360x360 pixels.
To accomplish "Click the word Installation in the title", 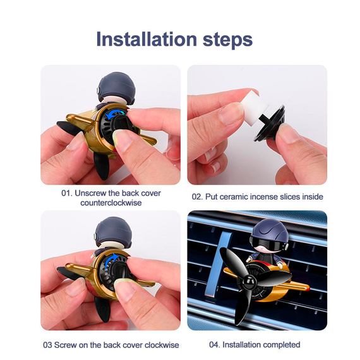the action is (x=147, y=39).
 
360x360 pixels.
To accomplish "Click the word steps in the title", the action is (x=228, y=40).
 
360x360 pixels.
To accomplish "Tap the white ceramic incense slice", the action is (x=255, y=104).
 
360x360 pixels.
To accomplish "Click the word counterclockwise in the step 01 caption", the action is (x=111, y=203).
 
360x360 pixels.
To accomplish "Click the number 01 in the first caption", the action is (x=66, y=193).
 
